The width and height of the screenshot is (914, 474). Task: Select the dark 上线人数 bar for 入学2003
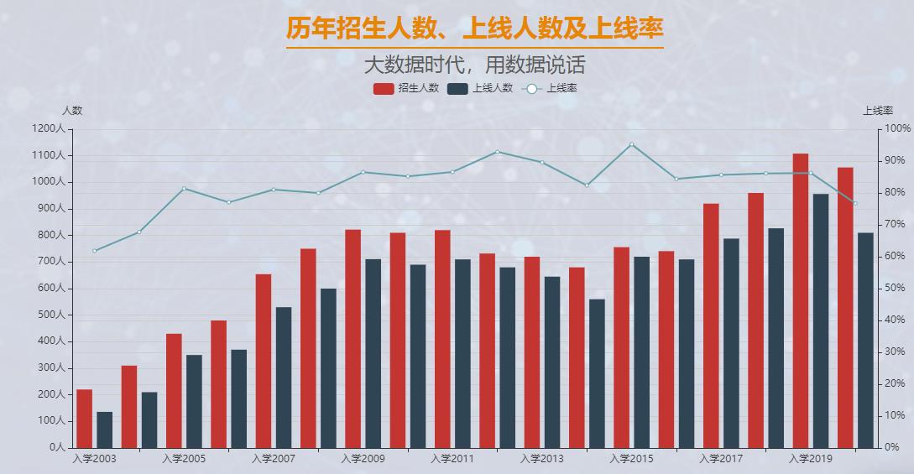pyautogui.click(x=104, y=430)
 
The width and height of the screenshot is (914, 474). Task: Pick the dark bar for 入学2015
pyautogui.click(x=641, y=352)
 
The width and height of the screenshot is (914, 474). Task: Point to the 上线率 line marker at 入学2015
pyautogui.click(x=631, y=144)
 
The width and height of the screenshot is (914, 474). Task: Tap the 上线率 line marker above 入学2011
pyautogui.click(x=452, y=172)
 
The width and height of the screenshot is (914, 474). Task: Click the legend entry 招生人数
pyautogui.click(x=406, y=88)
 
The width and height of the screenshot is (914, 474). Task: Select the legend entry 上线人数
pyautogui.click(x=480, y=88)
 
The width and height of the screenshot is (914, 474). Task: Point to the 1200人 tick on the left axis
pyautogui.click(x=48, y=129)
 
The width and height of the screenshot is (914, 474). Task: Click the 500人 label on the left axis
pyautogui.click(x=50, y=315)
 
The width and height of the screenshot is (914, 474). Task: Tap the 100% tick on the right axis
pyautogui.click(x=897, y=129)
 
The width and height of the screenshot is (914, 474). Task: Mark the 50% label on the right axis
pyautogui.click(x=896, y=289)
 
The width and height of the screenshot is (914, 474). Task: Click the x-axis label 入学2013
pyautogui.click(x=541, y=459)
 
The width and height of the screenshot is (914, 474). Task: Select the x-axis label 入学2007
pyautogui.click(x=274, y=459)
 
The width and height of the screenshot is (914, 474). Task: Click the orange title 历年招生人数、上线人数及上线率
pyautogui.click(x=474, y=29)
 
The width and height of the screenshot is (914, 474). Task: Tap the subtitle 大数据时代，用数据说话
pyautogui.click(x=474, y=65)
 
